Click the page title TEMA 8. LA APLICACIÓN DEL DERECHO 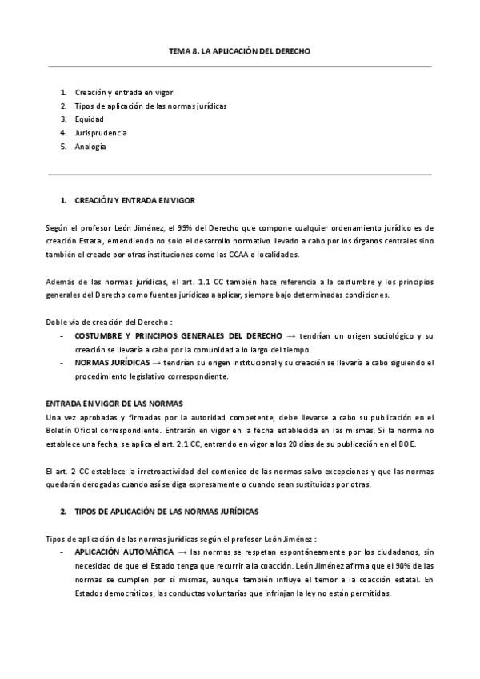coord(239,51)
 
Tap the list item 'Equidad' coord(89,119)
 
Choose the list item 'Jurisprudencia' coord(100,133)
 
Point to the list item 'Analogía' coord(90,147)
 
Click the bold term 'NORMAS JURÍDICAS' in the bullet coord(111,363)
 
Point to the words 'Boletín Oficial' coord(72,430)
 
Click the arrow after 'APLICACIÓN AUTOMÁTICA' coord(182,552)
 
